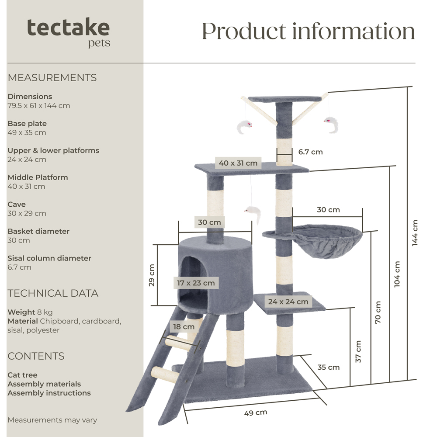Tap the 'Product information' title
(x=308, y=31)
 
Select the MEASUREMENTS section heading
(x=52, y=78)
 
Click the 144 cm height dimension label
(x=415, y=233)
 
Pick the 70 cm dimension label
(x=378, y=312)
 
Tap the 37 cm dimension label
(x=358, y=351)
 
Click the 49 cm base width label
(x=256, y=413)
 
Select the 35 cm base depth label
(x=328, y=367)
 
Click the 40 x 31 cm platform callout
(x=238, y=163)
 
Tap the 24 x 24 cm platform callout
(x=288, y=302)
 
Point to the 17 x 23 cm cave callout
(x=196, y=283)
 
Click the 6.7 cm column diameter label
(x=310, y=152)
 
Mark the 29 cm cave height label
(x=152, y=275)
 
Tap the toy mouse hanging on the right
(x=331, y=124)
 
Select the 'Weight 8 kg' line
(x=30, y=312)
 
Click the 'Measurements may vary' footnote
(x=52, y=420)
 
